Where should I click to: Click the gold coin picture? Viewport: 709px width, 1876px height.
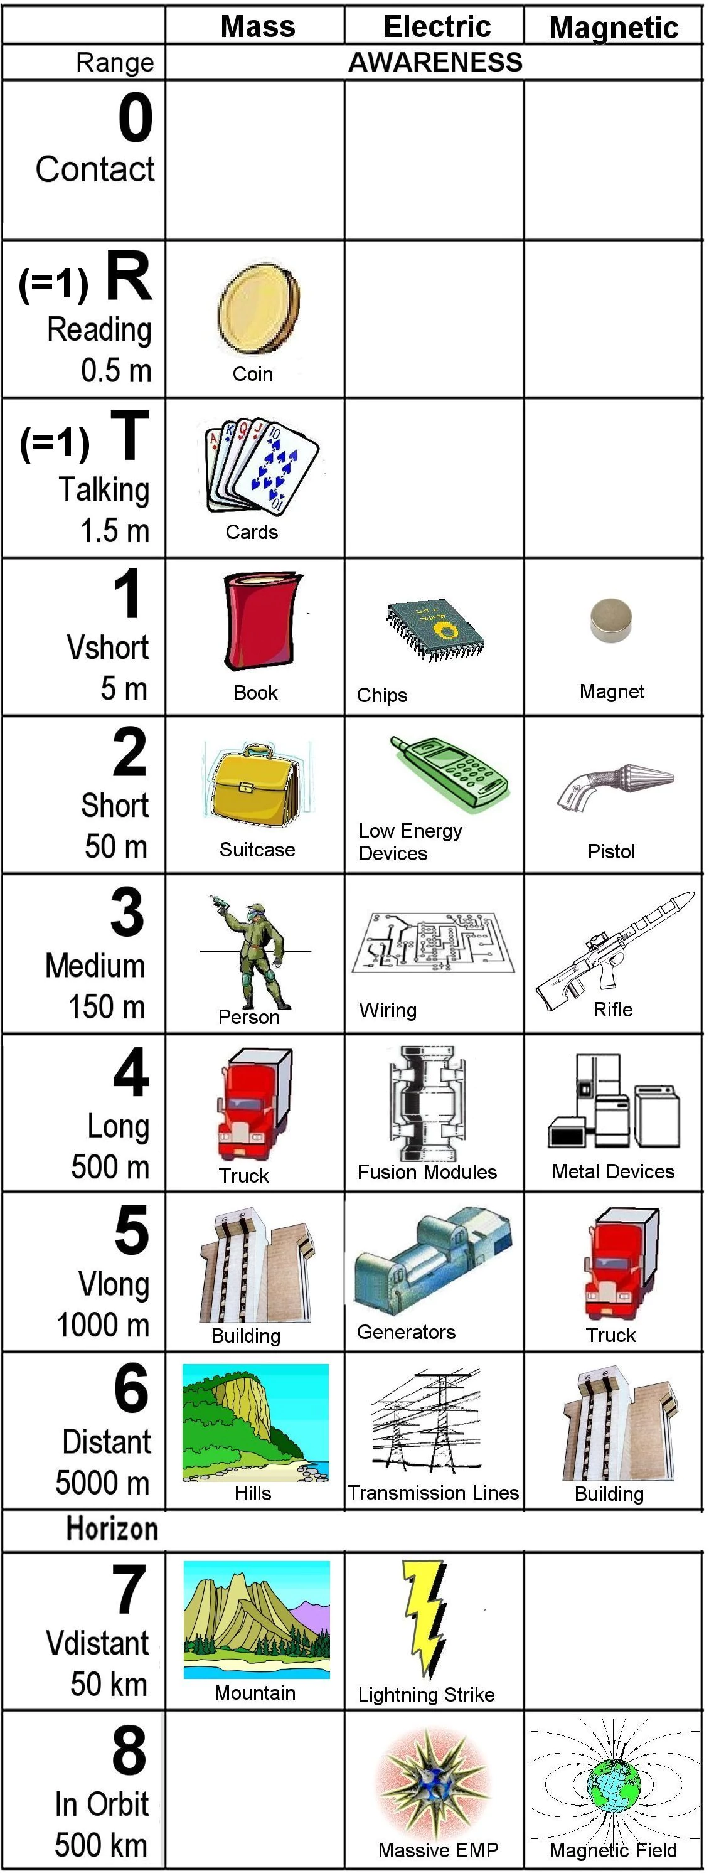pos(259,309)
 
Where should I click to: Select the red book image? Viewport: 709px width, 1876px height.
pos(260,621)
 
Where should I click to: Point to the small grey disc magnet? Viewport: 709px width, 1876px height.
pos(610,620)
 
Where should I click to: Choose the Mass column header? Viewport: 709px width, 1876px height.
pos(258,27)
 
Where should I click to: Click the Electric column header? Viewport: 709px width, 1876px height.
pos(437,27)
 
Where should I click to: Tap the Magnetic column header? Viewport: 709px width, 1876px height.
pos(614,28)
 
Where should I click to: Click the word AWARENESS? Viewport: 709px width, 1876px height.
pos(435,63)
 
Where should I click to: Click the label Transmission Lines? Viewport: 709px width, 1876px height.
pos(433,1492)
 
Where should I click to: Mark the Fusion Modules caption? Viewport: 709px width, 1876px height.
pos(427,1172)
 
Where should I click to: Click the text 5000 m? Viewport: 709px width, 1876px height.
pos(103,1482)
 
